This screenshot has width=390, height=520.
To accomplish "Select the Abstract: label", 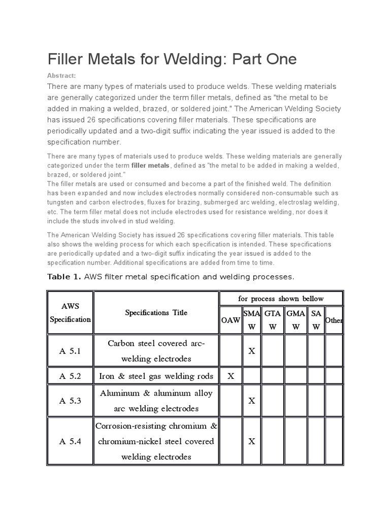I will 61,76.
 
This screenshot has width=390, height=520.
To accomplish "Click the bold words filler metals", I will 151,166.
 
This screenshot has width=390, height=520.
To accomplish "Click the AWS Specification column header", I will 70,313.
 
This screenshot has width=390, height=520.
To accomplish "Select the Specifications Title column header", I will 156,313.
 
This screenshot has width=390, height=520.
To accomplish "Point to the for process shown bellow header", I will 281,298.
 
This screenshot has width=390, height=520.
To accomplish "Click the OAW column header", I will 231,320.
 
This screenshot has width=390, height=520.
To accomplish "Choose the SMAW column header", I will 251,320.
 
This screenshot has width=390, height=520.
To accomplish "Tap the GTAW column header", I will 273,320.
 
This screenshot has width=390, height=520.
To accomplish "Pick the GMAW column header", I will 296,320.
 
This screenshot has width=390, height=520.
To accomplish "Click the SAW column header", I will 316,320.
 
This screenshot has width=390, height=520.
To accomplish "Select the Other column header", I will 334,320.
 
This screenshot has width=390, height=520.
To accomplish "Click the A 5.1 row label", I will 70,351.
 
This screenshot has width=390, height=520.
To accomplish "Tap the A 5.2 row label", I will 70,376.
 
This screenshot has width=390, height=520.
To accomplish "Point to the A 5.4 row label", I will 70,441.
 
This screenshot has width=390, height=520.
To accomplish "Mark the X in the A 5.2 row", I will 231,376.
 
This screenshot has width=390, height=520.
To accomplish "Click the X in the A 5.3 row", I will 251,401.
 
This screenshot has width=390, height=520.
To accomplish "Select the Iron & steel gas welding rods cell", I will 156,376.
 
